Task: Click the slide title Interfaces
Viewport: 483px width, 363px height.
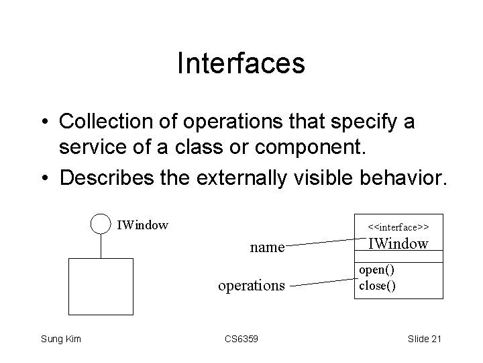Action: point(241,64)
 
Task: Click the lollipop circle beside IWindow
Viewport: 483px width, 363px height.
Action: point(100,225)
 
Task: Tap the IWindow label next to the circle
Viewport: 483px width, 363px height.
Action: point(142,225)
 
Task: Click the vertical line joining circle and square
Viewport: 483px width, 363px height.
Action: point(100,247)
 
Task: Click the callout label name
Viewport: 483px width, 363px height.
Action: point(267,247)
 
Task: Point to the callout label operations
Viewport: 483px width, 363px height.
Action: point(252,286)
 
